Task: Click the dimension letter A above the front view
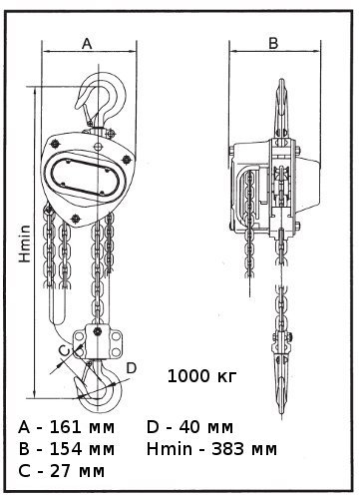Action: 87,44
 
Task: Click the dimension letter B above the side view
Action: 273,43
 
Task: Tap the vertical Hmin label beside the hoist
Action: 25,244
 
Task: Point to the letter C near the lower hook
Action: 64,350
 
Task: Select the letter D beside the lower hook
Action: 132,368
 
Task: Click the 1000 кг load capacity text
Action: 202,376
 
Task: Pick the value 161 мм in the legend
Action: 82,427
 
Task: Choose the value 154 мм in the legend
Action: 82,449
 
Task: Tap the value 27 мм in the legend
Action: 77,471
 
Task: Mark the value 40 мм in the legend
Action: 206,427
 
